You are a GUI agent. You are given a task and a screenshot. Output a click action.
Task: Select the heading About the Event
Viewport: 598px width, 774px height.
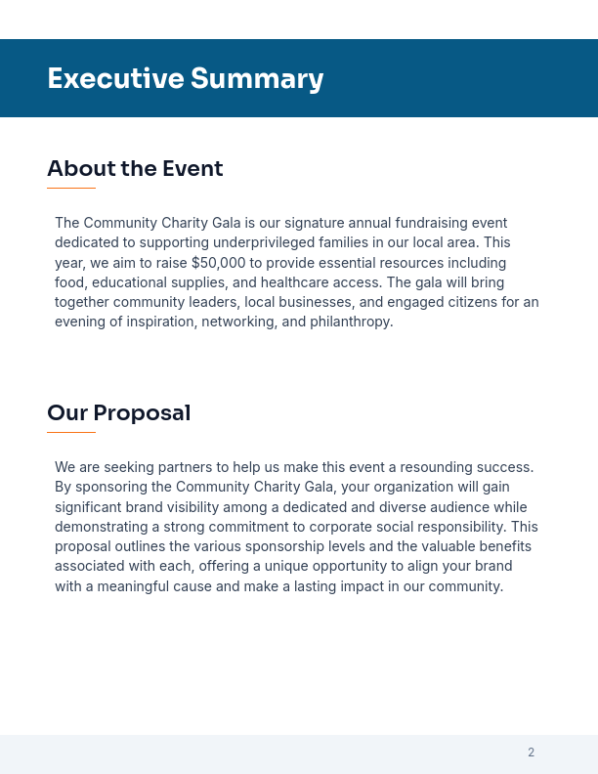point(135,169)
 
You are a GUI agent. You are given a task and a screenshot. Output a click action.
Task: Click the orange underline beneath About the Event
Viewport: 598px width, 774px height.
point(71,188)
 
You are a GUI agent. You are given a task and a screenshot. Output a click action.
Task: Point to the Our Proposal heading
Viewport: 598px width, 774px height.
point(118,413)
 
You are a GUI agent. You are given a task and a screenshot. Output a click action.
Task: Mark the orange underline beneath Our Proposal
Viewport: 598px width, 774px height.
point(71,432)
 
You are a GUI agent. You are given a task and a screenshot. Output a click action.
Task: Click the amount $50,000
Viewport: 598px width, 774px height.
point(219,263)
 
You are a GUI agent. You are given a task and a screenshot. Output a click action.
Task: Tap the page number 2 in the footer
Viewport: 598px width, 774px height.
point(531,752)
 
